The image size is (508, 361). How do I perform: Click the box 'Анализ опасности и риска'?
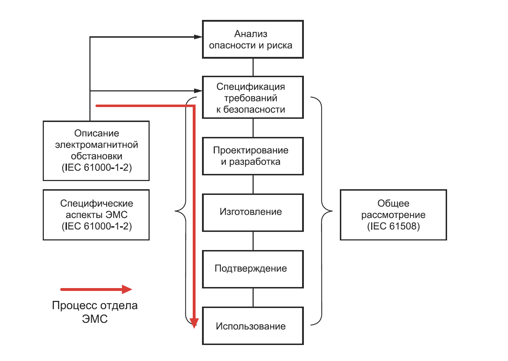(x=253, y=39)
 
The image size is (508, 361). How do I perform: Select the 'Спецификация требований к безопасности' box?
(x=253, y=97)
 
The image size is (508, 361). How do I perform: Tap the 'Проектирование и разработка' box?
(x=253, y=156)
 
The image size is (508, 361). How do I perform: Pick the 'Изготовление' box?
(x=253, y=212)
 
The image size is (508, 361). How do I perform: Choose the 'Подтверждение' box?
(x=253, y=269)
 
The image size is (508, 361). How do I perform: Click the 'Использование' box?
(x=253, y=326)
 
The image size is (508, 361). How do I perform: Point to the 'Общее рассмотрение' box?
(x=393, y=215)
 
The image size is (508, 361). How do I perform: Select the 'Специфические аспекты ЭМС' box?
(x=96, y=215)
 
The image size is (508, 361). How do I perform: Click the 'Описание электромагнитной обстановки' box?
(x=96, y=151)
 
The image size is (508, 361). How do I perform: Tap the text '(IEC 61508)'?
(x=393, y=226)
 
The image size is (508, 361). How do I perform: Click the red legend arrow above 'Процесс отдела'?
(x=96, y=290)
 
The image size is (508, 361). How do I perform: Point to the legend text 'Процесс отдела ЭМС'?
(x=95, y=312)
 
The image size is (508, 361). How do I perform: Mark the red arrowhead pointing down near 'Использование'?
(x=194, y=323)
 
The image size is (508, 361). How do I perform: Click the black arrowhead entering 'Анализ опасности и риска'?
(x=198, y=37)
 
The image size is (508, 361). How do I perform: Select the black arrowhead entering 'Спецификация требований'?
(x=198, y=91)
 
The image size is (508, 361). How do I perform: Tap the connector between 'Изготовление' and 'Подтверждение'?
(x=253, y=241)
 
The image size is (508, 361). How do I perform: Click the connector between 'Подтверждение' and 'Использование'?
(x=253, y=298)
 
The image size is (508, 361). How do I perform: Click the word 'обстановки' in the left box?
(x=97, y=156)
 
